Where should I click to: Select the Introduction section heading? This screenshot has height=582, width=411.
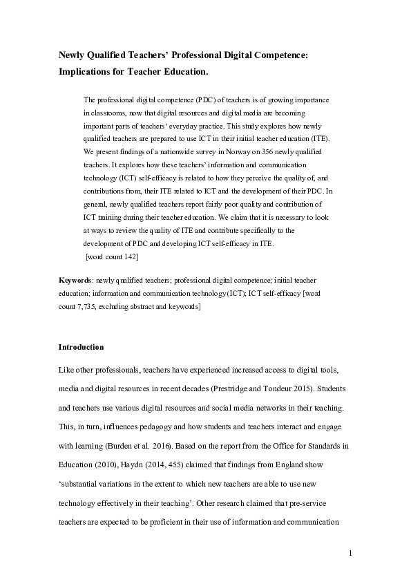(x=81, y=346)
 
